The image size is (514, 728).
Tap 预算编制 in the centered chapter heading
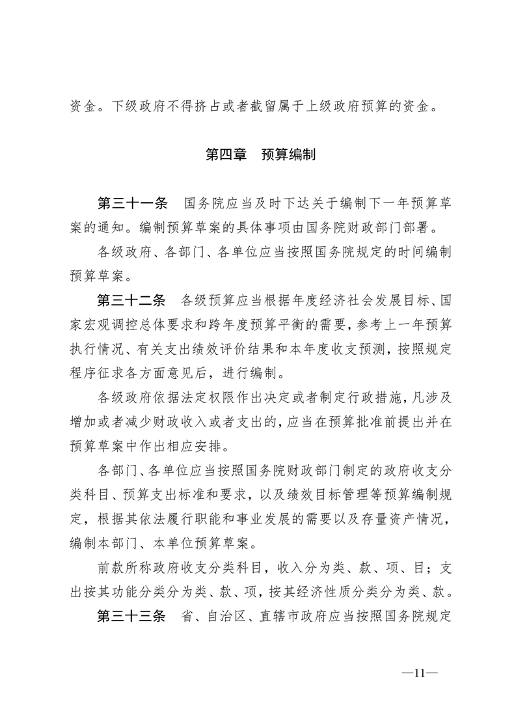pyautogui.click(x=288, y=156)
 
